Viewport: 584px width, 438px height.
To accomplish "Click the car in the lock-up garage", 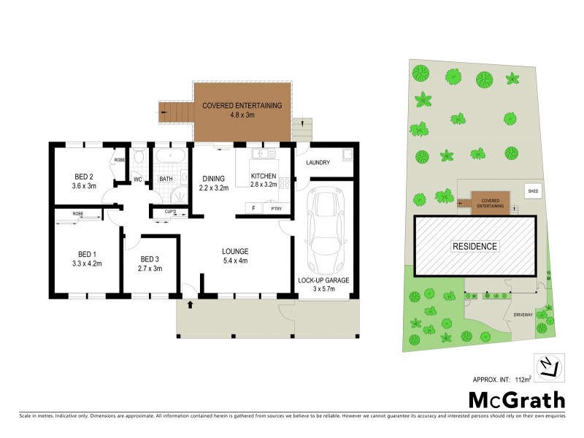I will tap(325, 230).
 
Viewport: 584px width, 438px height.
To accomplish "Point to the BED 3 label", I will tap(149, 258).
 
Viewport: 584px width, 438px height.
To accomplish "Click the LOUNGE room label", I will tap(236, 252).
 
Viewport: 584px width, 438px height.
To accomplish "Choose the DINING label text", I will tap(214, 177).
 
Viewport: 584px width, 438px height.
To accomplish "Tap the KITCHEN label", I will tap(264, 177).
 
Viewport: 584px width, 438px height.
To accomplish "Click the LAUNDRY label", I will tap(318, 163).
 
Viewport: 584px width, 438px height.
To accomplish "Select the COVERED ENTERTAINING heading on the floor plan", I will tap(242, 106).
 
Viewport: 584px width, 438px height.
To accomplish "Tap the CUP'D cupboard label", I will tap(169, 212).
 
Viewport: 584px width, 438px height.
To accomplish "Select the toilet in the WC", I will tap(139, 157).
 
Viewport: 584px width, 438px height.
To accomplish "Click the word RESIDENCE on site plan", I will tap(474, 247).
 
